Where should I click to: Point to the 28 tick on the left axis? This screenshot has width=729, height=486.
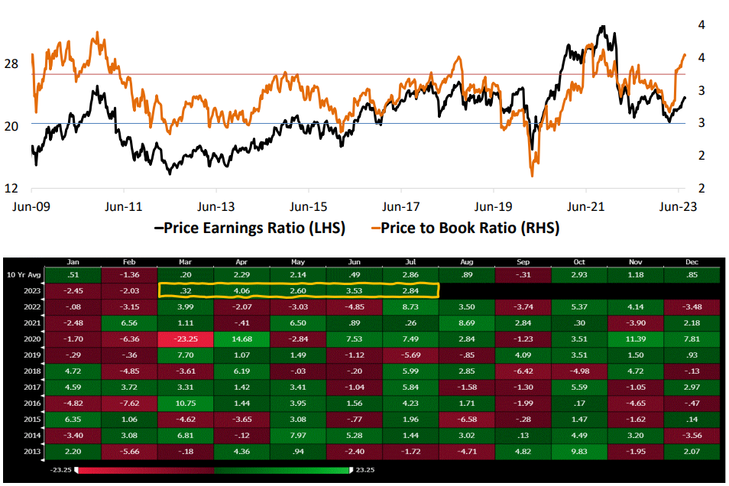coord(11,64)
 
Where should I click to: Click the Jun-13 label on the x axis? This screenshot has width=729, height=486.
coord(216,206)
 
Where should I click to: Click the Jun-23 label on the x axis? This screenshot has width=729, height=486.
coord(678,206)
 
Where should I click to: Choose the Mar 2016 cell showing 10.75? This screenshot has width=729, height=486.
coord(186,403)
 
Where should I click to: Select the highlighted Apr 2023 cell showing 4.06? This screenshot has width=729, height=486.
coord(242,290)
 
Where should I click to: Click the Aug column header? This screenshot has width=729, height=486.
coord(467,262)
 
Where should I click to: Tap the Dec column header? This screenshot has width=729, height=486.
coord(692,262)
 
